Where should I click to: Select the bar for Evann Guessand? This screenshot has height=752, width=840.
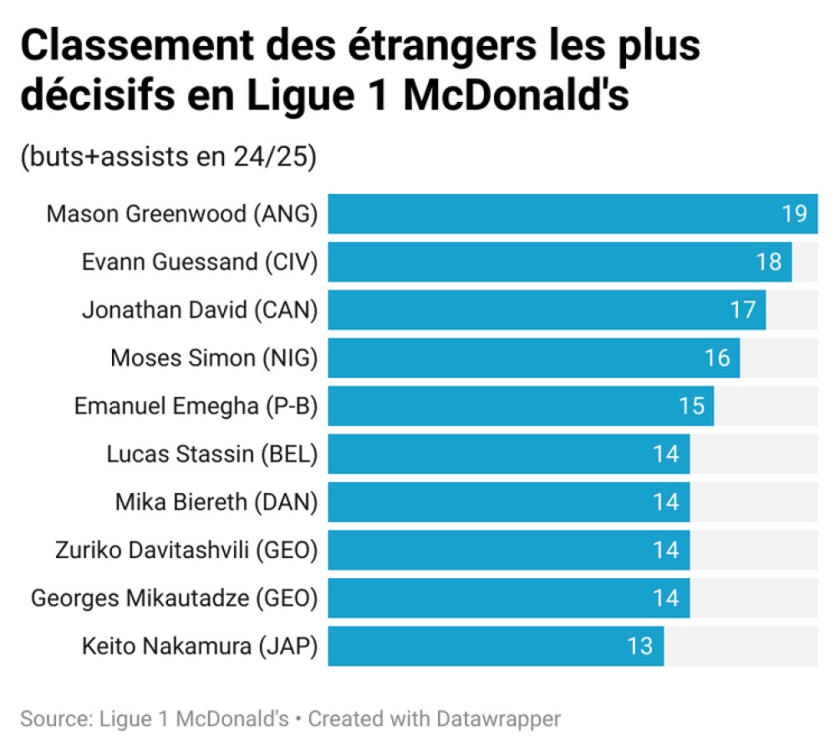click(543, 262)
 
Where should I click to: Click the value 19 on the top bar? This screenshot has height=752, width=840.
click(794, 214)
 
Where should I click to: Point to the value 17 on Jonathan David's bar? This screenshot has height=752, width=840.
click(742, 310)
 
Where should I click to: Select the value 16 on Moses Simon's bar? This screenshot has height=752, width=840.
click(716, 358)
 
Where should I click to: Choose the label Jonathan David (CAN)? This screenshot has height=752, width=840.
click(200, 310)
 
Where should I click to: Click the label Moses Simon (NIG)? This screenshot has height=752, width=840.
click(214, 358)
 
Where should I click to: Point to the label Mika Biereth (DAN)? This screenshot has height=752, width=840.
click(216, 502)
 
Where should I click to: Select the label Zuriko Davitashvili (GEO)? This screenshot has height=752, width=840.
click(186, 550)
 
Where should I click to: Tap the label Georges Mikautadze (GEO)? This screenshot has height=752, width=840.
click(175, 598)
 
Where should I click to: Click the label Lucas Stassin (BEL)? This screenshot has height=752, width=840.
click(212, 455)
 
